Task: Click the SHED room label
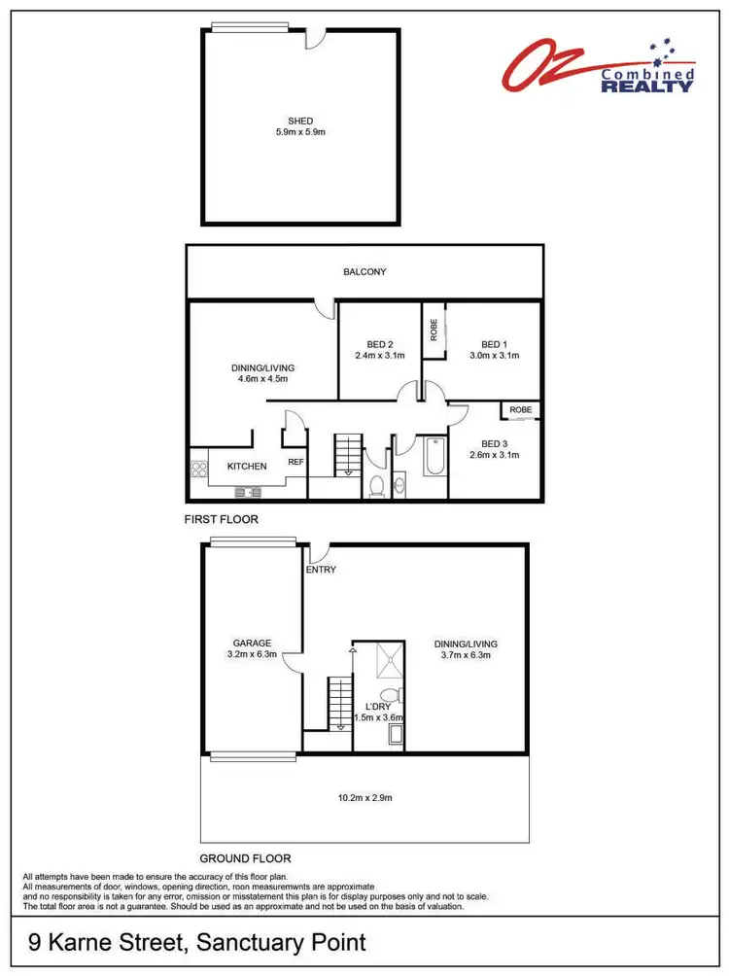(x=299, y=122)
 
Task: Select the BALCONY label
(x=364, y=272)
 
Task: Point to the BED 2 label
(x=379, y=344)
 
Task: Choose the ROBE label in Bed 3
(x=521, y=410)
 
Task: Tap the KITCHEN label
(x=247, y=467)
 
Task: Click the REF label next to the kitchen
(x=295, y=463)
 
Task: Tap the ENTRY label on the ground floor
(x=321, y=570)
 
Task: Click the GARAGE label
(x=251, y=643)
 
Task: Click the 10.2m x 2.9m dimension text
(x=364, y=798)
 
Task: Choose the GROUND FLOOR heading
(x=245, y=858)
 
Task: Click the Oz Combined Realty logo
(x=599, y=67)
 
